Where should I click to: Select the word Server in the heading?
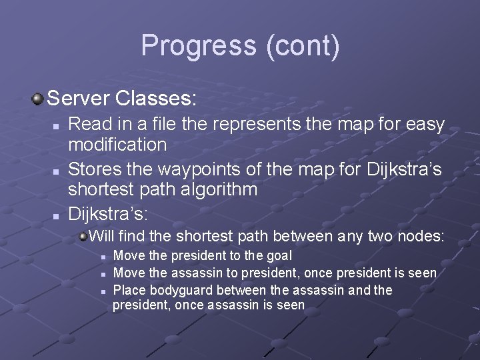79,99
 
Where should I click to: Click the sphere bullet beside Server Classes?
37,99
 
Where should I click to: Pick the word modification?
117,144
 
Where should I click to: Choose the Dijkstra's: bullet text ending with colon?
109,214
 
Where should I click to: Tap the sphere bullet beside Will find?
83,235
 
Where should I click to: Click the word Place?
129,290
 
